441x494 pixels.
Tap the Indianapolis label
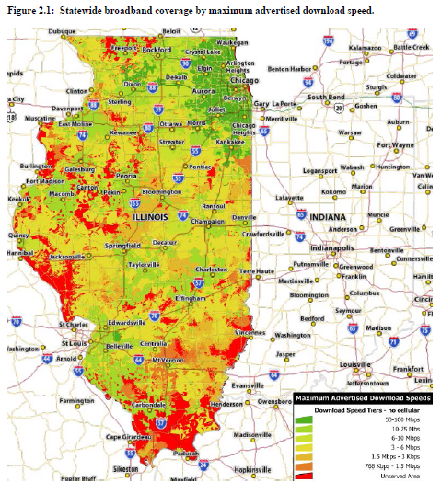(338, 247)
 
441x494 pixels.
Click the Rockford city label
(157, 49)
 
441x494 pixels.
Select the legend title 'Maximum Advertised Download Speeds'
(364, 397)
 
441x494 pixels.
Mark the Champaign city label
(206, 222)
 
